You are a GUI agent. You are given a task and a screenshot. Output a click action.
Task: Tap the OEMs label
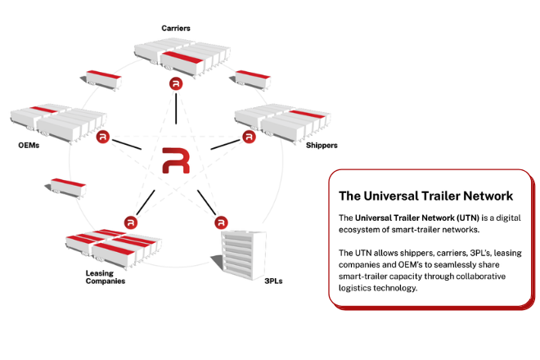(29, 146)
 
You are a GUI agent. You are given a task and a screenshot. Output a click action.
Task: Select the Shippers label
(322, 146)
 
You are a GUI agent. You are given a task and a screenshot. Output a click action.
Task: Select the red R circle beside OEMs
(102, 137)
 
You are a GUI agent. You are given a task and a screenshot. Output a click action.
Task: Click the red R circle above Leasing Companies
(130, 222)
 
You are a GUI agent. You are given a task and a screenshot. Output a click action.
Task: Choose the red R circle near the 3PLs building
(221, 222)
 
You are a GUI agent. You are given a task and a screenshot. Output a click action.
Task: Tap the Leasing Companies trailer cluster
(115, 246)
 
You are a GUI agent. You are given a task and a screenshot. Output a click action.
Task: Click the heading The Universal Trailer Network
(425, 196)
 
